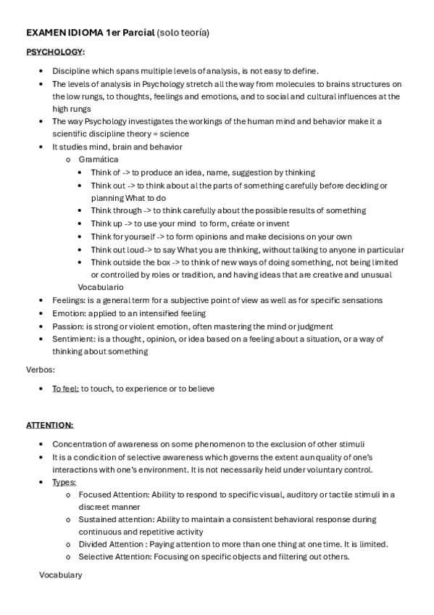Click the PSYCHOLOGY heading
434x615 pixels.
point(55,52)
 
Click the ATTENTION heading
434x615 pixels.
point(50,425)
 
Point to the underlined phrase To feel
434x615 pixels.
point(65,389)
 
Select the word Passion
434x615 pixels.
point(68,326)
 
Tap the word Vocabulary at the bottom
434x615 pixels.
point(61,575)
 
